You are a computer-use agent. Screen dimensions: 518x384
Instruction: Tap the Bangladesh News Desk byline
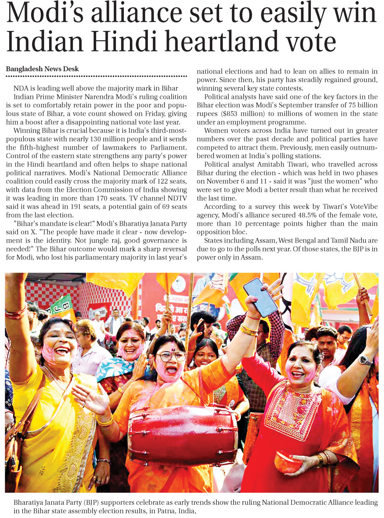pyautogui.click(x=42, y=69)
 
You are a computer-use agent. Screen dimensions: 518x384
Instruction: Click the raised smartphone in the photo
pyautogui.click(x=261, y=297)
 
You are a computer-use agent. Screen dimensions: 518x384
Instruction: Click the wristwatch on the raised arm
pyautogui.click(x=364, y=360)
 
